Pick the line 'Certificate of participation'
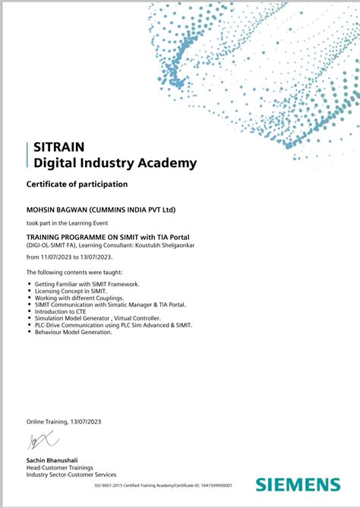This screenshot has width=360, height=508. (x=77, y=185)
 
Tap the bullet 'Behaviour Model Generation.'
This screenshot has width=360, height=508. (x=73, y=332)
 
